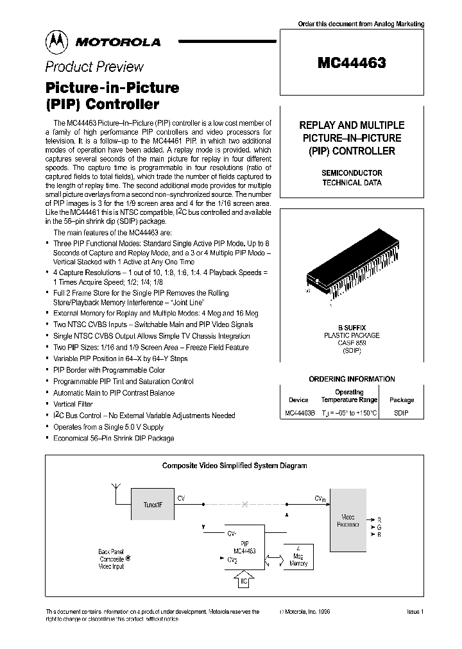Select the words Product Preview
(94, 67)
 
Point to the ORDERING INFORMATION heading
(352, 379)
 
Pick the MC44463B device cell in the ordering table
(300, 414)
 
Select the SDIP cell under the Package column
(401, 414)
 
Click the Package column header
(402, 400)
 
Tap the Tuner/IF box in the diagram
(152, 505)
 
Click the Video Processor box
(348, 520)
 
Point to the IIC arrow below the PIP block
(243, 580)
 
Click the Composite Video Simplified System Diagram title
(234, 466)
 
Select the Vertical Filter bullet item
(73, 404)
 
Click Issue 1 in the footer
(415, 612)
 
